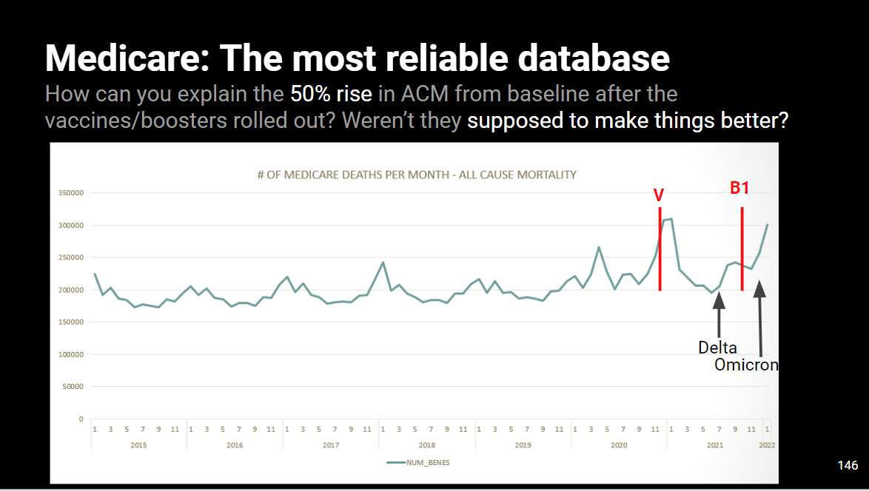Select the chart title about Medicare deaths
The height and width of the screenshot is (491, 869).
click(412, 175)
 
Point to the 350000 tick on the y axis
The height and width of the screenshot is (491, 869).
click(70, 193)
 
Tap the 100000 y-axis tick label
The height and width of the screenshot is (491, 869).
click(70, 354)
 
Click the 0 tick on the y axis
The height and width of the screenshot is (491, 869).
click(81, 419)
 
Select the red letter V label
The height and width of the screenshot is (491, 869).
click(658, 195)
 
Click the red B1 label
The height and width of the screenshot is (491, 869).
click(739, 188)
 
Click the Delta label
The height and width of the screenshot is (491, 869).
click(717, 348)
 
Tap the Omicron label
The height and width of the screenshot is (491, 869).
click(746, 365)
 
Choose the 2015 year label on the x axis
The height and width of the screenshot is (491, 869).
click(138, 445)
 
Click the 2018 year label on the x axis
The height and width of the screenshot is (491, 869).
click(426, 445)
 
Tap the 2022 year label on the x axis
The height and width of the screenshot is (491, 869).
click(767, 445)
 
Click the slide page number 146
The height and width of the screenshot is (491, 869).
click(848, 465)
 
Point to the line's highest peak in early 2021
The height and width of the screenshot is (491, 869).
click(671, 219)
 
